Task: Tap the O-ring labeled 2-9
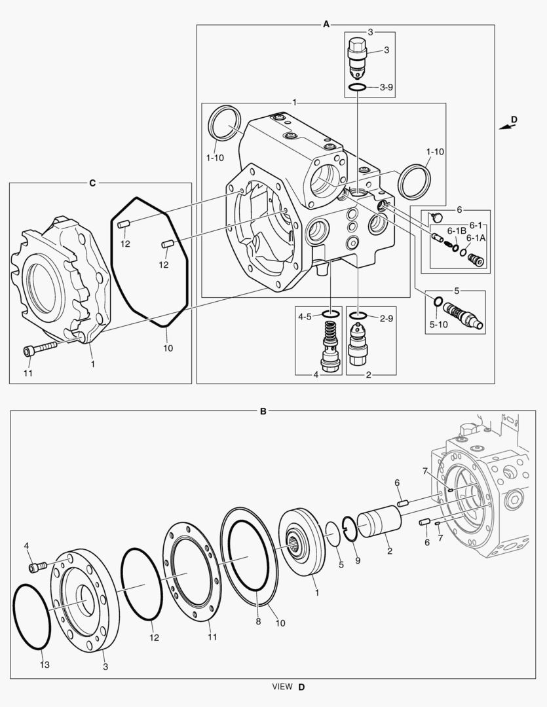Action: click(x=358, y=317)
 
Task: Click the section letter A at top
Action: click(x=326, y=24)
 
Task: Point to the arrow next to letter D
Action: click(x=506, y=127)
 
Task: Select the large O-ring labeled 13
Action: click(x=31, y=617)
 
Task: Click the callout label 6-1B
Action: click(x=457, y=230)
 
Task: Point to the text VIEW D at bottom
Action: click(x=289, y=687)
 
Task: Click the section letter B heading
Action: click(x=263, y=412)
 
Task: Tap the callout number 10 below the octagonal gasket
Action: click(x=168, y=348)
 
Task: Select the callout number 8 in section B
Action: click(x=258, y=621)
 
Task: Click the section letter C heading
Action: click(x=92, y=183)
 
